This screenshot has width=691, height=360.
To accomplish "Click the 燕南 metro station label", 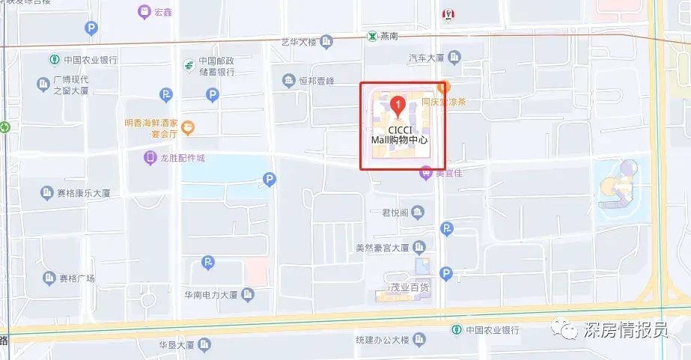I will (x=389, y=35).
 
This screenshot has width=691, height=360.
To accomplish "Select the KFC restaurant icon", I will (x=449, y=13).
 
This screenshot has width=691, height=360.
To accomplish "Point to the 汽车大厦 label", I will (x=427, y=58).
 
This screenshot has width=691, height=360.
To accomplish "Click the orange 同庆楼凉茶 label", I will (x=443, y=102).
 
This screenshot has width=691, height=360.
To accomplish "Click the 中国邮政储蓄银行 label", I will (x=217, y=67).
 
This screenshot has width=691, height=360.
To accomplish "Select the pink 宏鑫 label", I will (x=162, y=12).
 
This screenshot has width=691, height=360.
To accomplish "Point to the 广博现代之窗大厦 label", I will (x=71, y=85).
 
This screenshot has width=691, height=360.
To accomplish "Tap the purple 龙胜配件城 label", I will (x=182, y=158).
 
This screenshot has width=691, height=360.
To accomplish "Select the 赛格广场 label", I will (x=77, y=278).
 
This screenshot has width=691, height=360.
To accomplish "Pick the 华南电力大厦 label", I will (x=211, y=294).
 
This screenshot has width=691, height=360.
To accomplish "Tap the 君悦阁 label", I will (x=395, y=213).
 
